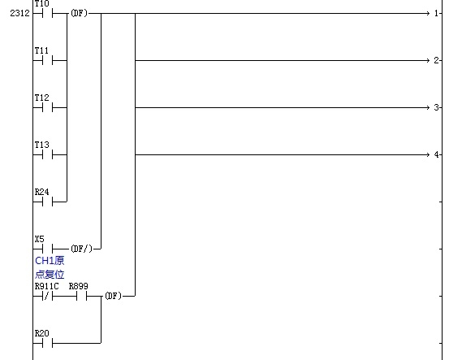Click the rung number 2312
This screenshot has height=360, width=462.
pos(19,13)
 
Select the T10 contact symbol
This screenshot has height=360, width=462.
pos(47,13)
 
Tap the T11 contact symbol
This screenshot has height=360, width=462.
pos(47,60)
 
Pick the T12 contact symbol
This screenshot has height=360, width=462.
pos(47,107)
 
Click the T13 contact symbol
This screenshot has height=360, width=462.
pos(47,154)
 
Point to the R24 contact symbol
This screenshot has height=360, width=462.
pos(47,202)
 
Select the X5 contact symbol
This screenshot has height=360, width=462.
pos(47,249)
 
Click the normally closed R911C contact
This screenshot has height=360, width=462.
pos(47,296)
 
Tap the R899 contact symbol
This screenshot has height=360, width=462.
pos(82,296)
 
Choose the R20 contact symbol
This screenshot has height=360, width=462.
pos(47,343)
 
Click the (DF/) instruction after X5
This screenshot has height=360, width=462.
pos(81,249)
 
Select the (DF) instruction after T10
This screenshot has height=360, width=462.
pos(80,13)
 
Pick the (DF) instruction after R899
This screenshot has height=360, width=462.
pos(114,296)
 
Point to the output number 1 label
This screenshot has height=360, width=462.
pos(436,13)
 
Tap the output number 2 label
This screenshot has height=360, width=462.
pos(436,60)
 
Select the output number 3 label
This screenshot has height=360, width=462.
pos(436,107)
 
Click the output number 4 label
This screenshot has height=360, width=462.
pos(436,154)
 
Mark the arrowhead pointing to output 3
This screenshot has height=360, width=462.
pos(428,107)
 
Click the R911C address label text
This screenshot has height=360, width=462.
pos(46,286)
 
